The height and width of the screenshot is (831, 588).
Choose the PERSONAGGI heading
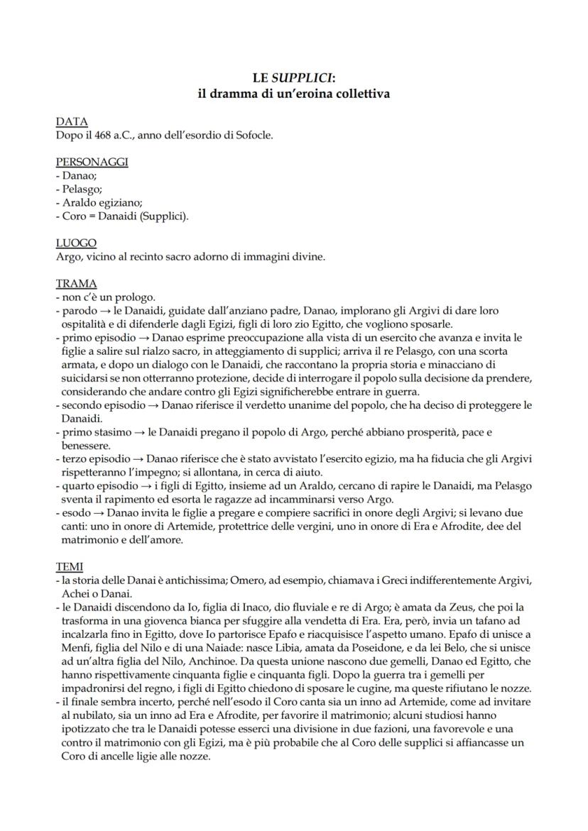point(92,163)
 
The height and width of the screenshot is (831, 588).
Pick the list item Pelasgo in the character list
point(82,189)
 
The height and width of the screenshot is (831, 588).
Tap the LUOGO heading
point(76,243)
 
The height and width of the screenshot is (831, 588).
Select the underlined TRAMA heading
point(77,284)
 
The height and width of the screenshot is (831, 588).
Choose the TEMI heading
point(70,566)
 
